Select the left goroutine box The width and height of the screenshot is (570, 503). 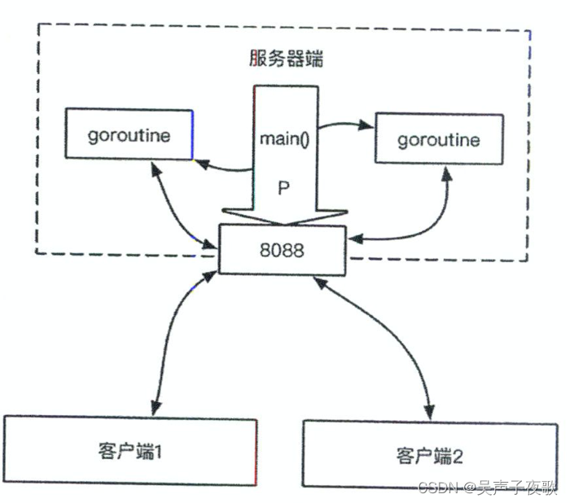tap(129, 134)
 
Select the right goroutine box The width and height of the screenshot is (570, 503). tap(437, 139)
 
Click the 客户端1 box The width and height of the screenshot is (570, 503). tap(131, 450)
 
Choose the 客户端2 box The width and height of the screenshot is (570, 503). tap(431, 453)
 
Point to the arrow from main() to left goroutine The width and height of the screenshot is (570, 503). tap(224, 168)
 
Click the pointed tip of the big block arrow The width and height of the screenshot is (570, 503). tap(283, 224)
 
